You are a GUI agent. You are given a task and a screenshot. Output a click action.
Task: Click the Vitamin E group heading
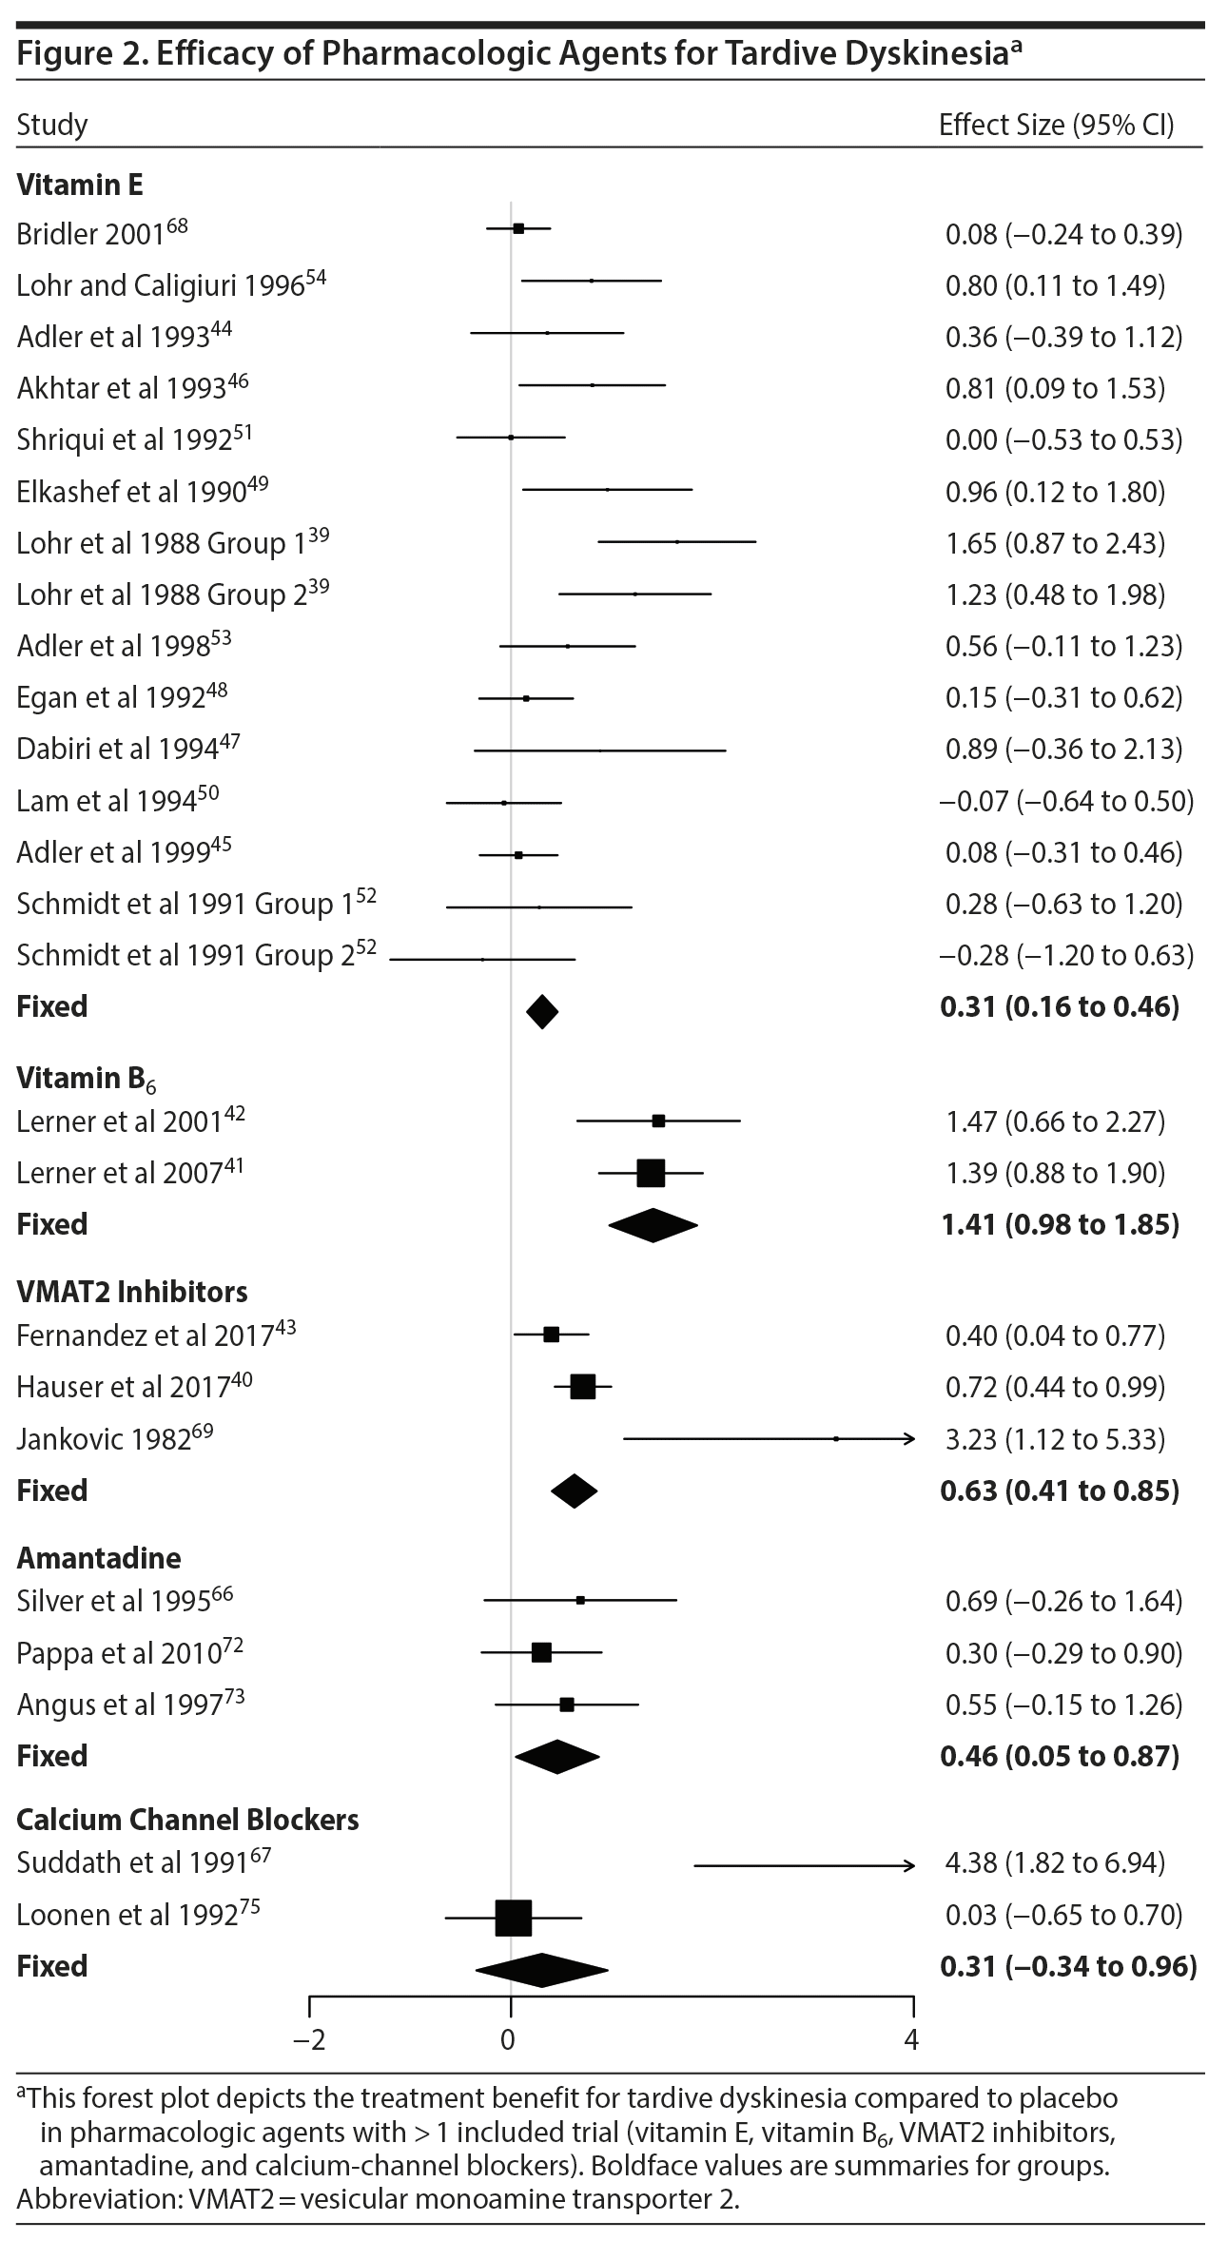80,184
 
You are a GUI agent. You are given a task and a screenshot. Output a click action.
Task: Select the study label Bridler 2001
91,234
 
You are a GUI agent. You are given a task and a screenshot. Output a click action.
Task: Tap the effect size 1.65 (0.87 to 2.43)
1054,543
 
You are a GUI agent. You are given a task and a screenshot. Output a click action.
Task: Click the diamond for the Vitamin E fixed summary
542,1011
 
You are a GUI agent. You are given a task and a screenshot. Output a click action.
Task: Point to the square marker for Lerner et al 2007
651,1173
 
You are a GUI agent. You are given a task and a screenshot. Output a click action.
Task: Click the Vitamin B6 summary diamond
653,1225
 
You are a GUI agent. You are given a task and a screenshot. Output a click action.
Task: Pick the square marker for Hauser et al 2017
583,1387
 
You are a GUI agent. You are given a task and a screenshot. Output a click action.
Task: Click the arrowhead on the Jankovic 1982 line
910,1439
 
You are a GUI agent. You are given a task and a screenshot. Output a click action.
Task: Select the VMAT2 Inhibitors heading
131,1292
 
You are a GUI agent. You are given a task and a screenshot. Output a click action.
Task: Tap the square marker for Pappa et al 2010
541,1653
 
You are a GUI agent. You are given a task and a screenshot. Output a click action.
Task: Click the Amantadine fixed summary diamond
557,1757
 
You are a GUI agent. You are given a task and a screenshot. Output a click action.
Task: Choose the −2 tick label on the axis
309,2039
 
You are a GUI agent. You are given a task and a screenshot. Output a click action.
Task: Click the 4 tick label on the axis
911,2039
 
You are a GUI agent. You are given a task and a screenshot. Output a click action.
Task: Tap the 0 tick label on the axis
508,2039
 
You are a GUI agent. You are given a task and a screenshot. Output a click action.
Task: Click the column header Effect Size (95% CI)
1056,125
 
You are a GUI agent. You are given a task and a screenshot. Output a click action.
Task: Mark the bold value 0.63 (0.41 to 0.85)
1059,1491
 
